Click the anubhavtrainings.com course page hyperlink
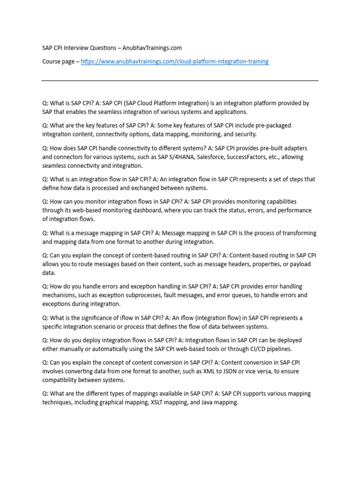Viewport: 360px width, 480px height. coord(174,61)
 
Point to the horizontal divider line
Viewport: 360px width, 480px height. coord(180,81)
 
